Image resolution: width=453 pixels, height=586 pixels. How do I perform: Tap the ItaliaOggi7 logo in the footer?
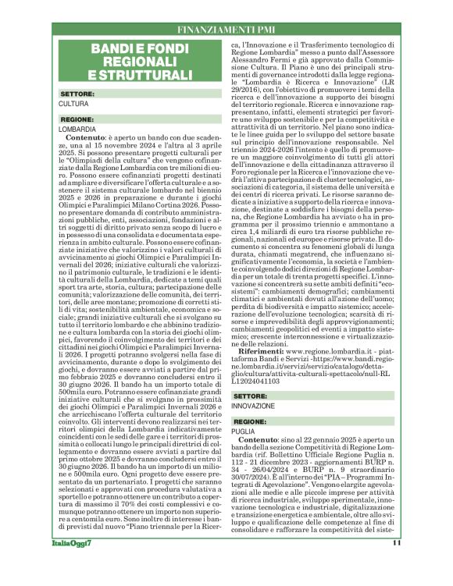tap(73, 565)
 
